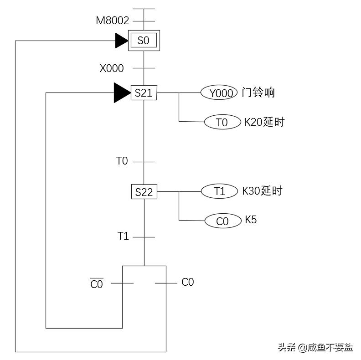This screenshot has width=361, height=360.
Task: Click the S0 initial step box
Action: click(x=144, y=41)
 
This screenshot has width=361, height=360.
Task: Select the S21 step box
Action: click(x=144, y=93)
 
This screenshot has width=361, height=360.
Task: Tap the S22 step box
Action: click(x=144, y=192)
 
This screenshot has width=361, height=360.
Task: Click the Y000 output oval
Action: click(x=219, y=93)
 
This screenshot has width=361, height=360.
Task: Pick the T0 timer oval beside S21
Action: click(x=222, y=122)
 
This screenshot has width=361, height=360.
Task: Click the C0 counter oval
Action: click(x=222, y=221)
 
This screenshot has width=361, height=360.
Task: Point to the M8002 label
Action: click(x=112, y=21)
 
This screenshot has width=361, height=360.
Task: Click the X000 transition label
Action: click(x=112, y=68)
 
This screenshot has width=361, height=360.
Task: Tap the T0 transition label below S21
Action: click(x=122, y=161)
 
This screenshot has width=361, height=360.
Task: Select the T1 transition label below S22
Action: click(x=123, y=236)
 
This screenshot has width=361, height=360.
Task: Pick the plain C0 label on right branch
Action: click(x=187, y=282)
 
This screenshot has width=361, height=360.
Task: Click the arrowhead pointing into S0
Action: click(x=121, y=41)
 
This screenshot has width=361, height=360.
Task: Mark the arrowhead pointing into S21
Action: click(x=121, y=93)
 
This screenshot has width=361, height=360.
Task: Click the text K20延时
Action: click(x=264, y=122)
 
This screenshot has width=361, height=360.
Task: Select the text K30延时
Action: click(x=262, y=191)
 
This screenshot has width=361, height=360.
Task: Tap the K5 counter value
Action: click(x=251, y=220)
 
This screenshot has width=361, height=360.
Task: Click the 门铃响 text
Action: click(x=258, y=93)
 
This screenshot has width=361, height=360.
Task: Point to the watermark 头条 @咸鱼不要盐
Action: click(x=315, y=348)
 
